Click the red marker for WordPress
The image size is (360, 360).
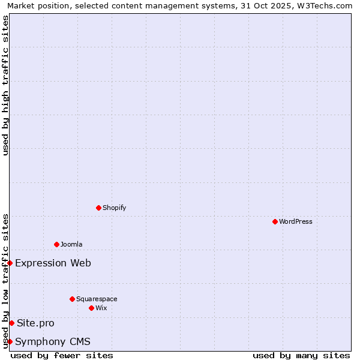(x=275, y=221)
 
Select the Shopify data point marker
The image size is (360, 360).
(x=98, y=208)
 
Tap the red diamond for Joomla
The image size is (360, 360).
(x=56, y=244)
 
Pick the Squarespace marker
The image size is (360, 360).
(x=72, y=299)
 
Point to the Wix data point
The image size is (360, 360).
(x=91, y=308)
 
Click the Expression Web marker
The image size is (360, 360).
(x=10, y=263)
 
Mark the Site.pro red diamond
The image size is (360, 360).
(x=11, y=323)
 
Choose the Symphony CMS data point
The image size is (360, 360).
(x=10, y=341)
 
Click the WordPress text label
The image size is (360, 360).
(x=296, y=221)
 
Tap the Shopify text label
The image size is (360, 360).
(x=115, y=208)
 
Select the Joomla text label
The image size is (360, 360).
(x=71, y=244)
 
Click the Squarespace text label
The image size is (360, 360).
(x=97, y=299)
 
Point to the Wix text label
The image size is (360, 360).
(x=101, y=308)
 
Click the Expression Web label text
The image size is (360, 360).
(x=53, y=263)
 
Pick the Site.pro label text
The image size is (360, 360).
(x=35, y=323)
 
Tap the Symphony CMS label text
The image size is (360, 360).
(x=53, y=341)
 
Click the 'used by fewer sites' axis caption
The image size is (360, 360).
(x=62, y=355)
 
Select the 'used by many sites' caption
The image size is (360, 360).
(x=301, y=355)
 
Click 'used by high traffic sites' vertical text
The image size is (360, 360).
(x=5, y=85)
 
